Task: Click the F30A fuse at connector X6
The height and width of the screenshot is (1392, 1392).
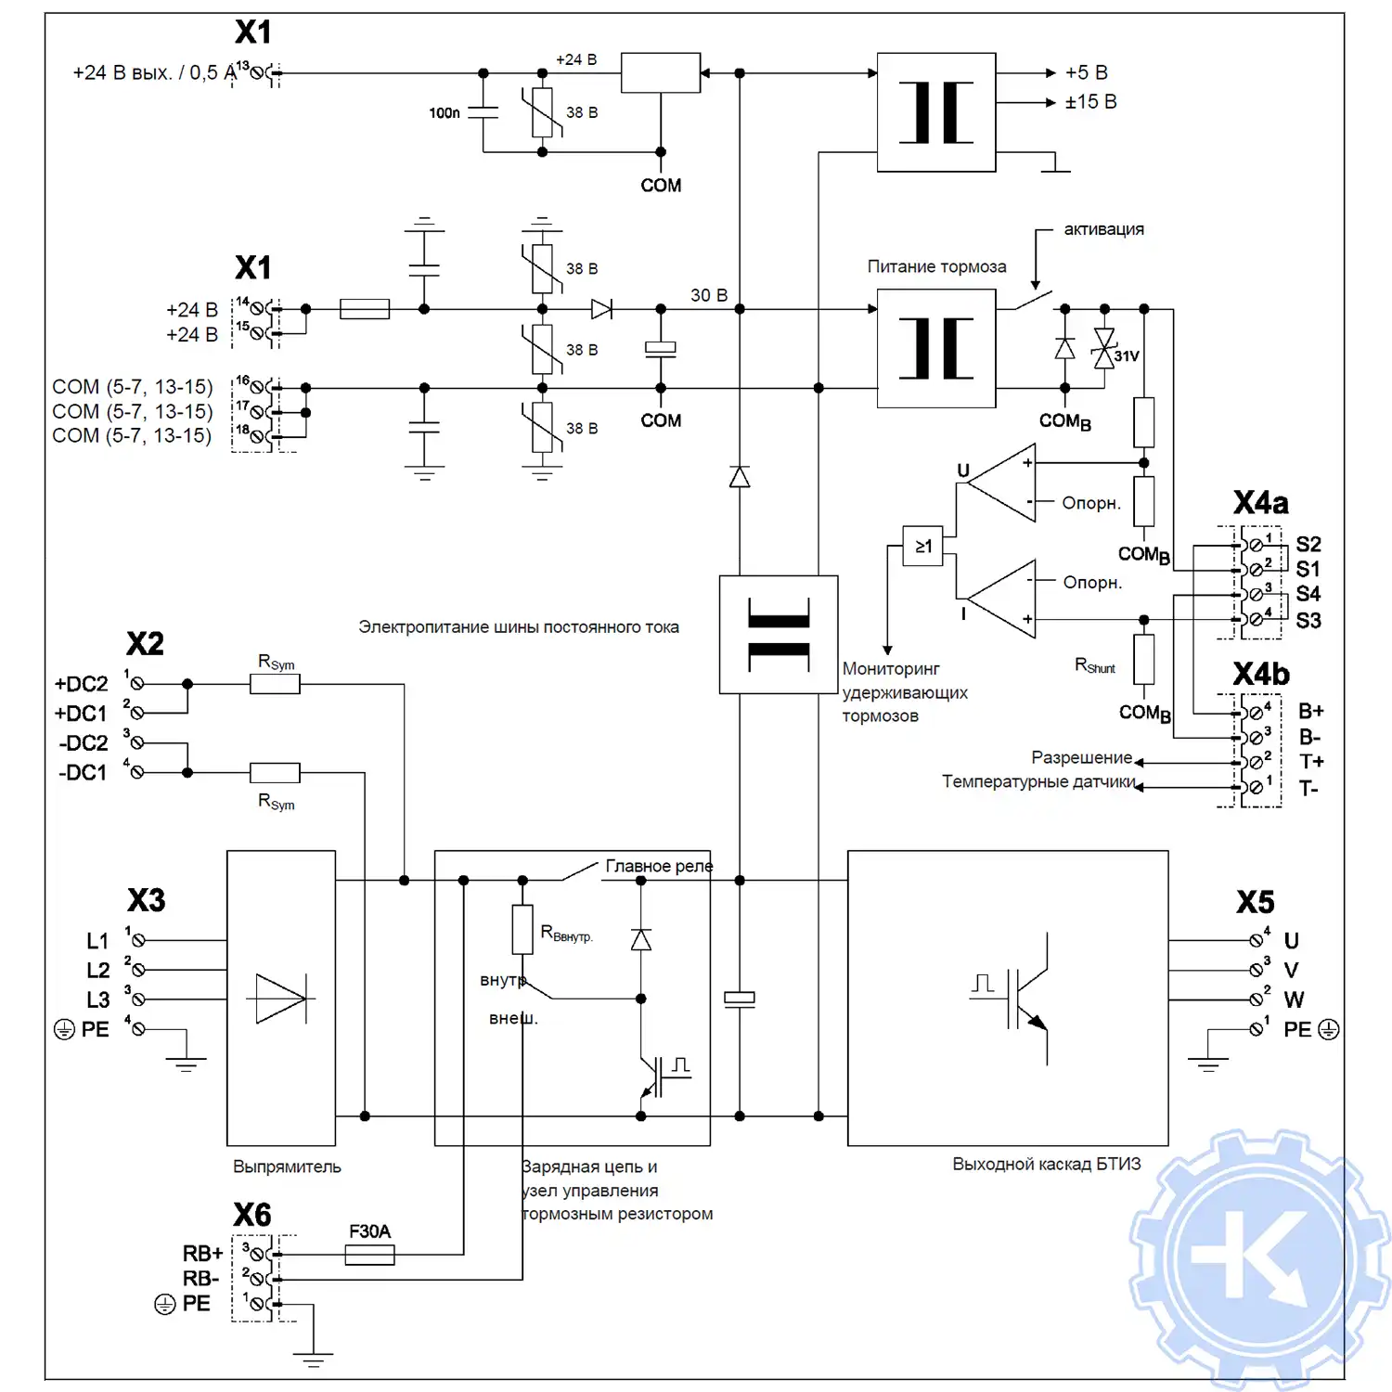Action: [x=369, y=1255]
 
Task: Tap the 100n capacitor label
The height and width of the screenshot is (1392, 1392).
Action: [x=445, y=113]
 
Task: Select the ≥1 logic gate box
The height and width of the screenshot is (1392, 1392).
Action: [x=922, y=546]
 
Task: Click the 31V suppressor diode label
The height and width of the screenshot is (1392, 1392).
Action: [x=1127, y=356]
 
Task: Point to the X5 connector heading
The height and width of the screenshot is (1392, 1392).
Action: [x=1255, y=902]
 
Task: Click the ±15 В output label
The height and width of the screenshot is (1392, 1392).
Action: [x=1090, y=102]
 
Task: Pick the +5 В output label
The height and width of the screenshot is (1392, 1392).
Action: [x=1086, y=72]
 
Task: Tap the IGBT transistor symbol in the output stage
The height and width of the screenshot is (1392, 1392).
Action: [x=1028, y=999]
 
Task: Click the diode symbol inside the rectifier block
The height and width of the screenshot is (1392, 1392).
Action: [x=280, y=999]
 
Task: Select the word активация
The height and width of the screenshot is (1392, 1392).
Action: [x=1103, y=229]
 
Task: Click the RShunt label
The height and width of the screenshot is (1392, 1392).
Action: [x=1095, y=665]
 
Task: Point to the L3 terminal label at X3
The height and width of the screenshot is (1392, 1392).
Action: [x=97, y=999]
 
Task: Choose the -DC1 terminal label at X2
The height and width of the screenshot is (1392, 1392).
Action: [x=84, y=772]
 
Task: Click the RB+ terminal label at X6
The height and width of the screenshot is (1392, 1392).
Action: [x=202, y=1254]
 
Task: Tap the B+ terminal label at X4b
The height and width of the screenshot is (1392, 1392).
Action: [x=1310, y=711]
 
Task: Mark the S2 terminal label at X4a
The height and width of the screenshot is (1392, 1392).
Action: [x=1308, y=544]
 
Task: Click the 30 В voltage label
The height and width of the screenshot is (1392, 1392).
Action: [x=709, y=295]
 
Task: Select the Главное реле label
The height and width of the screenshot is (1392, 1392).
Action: [x=659, y=866]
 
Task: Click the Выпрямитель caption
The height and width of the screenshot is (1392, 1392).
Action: [x=287, y=1166]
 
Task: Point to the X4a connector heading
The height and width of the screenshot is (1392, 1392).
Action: [x=1260, y=503]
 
